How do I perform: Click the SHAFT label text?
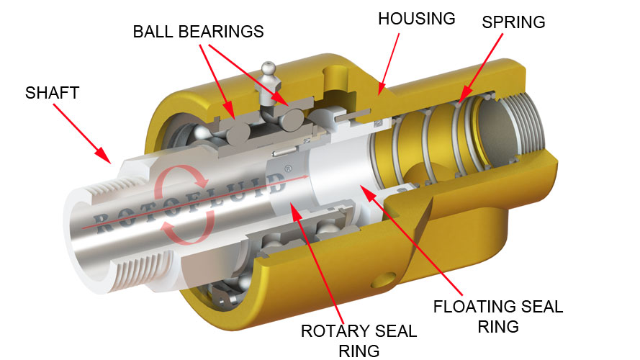52,93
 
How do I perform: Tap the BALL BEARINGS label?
199,32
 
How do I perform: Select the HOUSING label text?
416,19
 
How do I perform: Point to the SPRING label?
513,22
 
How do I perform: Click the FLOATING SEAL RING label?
498,316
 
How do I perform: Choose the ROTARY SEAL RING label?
359,341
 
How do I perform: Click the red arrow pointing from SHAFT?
81,133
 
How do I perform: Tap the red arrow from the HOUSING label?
388,64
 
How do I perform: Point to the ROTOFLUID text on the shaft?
189,202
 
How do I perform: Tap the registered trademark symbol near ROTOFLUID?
288,168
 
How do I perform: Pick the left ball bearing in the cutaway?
238,133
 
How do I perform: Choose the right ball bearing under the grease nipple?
291,120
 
